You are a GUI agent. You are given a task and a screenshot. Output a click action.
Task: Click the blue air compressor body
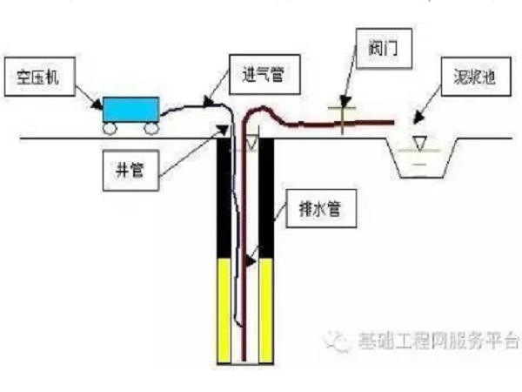[130, 109]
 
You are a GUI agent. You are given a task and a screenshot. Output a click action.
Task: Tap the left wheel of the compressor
[111, 128]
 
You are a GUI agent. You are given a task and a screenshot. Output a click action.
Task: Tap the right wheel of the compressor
[151, 128]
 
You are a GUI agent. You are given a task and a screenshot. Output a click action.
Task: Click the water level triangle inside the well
[251, 143]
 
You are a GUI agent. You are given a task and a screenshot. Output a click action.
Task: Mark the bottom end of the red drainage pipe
[244, 357]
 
